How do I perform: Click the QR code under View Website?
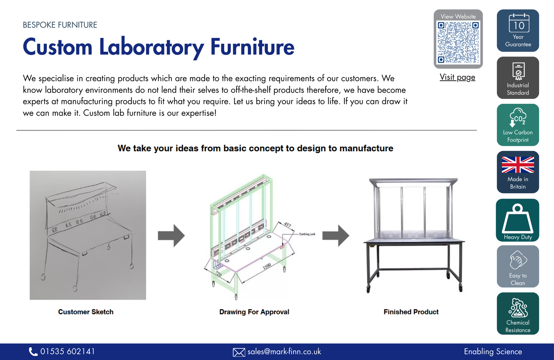[x=458, y=42]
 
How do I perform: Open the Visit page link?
[x=457, y=77]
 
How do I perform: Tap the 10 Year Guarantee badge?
[x=518, y=31]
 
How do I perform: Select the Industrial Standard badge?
[x=518, y=78]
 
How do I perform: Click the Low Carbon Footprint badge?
[x=518, y=125]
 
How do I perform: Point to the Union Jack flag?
[x=518, y=165]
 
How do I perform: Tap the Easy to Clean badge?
[x=518, y=266]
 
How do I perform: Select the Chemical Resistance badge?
[x=518, y=314]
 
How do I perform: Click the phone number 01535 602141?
[x=67, y=352]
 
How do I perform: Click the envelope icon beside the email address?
[x=239, y=352]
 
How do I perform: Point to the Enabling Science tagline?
[x=493, y=352]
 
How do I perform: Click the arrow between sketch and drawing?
[x=171, y=235]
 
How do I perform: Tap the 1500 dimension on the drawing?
[x=267, y=266]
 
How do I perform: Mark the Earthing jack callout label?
[x=307, y=234]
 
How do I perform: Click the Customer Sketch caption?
[x=86, y=312]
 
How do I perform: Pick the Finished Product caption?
[x=411, y=312]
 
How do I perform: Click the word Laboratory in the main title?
[x=151, y=47]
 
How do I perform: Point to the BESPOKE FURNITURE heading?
[x=60, y=25]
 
